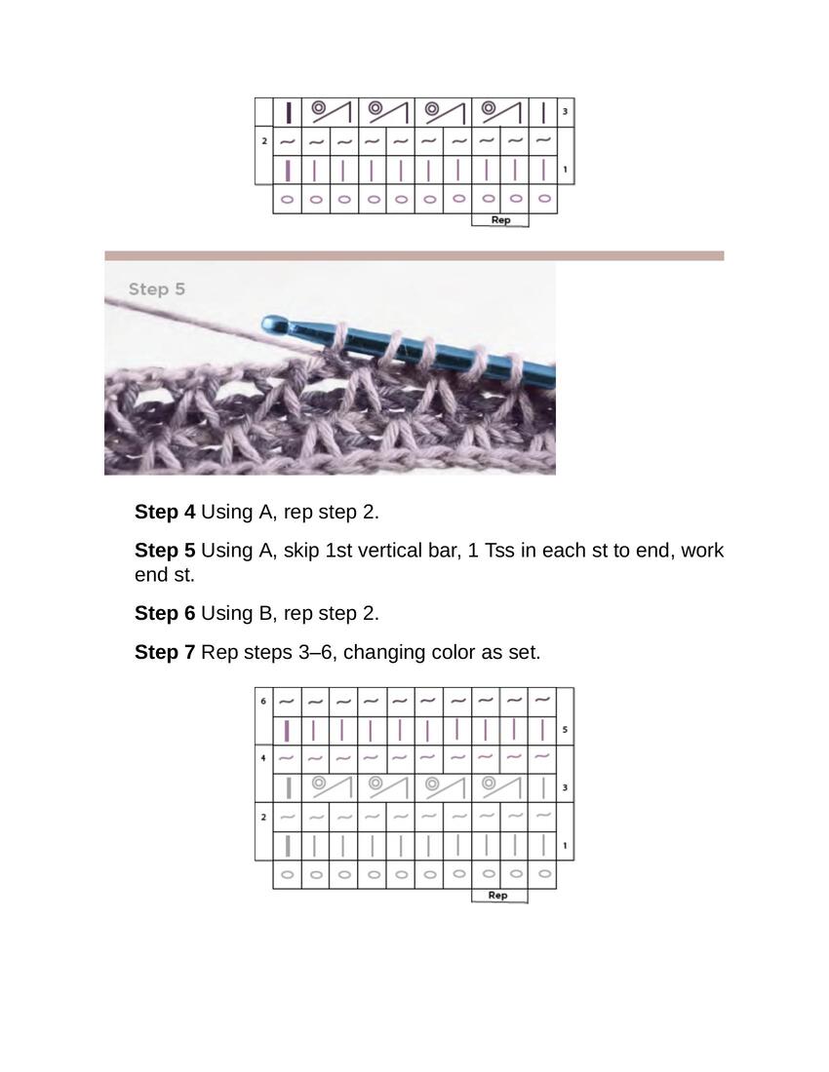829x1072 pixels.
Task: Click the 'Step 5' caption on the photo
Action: (x=157, y=289)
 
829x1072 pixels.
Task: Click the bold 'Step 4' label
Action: (x=165, y=512)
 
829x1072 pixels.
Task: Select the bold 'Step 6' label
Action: (x=165, y=613)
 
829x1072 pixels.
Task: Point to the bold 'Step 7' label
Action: (x=165, y=652)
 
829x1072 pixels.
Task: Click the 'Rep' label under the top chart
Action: (x=500, y=220)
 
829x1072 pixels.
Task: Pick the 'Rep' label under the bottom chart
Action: (x=498, y=896)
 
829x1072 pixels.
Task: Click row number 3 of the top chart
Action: (x=565, y=111)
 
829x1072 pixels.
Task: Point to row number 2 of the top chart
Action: (x=264, y=141)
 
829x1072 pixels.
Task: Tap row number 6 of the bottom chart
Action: (x=263, y=701)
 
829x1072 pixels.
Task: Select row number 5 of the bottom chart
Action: (x=565, y=730)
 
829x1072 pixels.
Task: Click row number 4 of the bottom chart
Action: (x=263, y=758)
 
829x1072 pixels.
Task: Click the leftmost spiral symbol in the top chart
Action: (x=318, y=108)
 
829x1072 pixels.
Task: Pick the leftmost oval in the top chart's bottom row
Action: (x=288, y=200)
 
